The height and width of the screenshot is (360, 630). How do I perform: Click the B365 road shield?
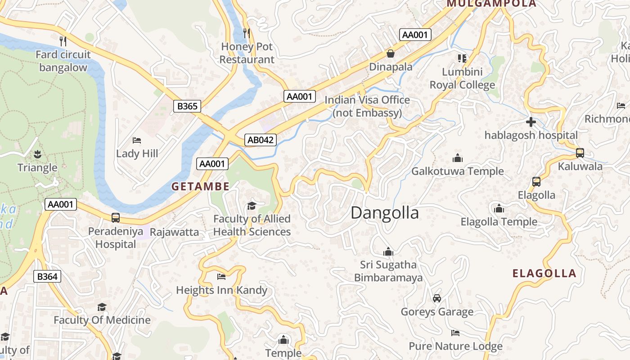pos(187,106)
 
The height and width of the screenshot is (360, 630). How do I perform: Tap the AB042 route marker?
pos(261,140)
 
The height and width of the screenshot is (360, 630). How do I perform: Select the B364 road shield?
pos(47,276)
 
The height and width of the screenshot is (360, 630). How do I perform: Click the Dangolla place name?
pos(384,213)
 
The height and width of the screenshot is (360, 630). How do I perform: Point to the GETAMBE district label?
pos(200,186)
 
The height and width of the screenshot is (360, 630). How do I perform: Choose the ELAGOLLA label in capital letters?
pos(544,273)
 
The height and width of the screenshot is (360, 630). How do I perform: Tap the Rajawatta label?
pos(174,232)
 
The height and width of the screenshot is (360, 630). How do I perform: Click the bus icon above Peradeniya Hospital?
pos(116,218)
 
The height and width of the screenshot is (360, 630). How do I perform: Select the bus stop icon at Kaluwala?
pos(580,153)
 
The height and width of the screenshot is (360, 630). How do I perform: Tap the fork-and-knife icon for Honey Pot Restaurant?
pos(247,33)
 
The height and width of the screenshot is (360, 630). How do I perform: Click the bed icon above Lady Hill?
pos(137,140)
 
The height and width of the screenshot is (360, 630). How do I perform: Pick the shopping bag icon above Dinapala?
pos(390,54)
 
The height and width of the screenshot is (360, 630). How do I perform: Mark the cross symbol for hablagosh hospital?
pos(531,122)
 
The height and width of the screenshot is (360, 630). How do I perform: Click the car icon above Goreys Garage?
pos(436,298)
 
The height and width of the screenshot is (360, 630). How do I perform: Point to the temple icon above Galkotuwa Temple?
pos(458,158)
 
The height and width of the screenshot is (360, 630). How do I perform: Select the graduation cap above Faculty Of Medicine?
pos(102,307)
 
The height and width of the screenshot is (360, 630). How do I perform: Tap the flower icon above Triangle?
pos(37,154)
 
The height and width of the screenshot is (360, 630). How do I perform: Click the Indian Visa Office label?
pos(367,106)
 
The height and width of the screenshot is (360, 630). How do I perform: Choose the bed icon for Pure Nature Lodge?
pos(455,333)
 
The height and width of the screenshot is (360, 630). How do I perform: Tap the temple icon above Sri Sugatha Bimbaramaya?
pos(388,252)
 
